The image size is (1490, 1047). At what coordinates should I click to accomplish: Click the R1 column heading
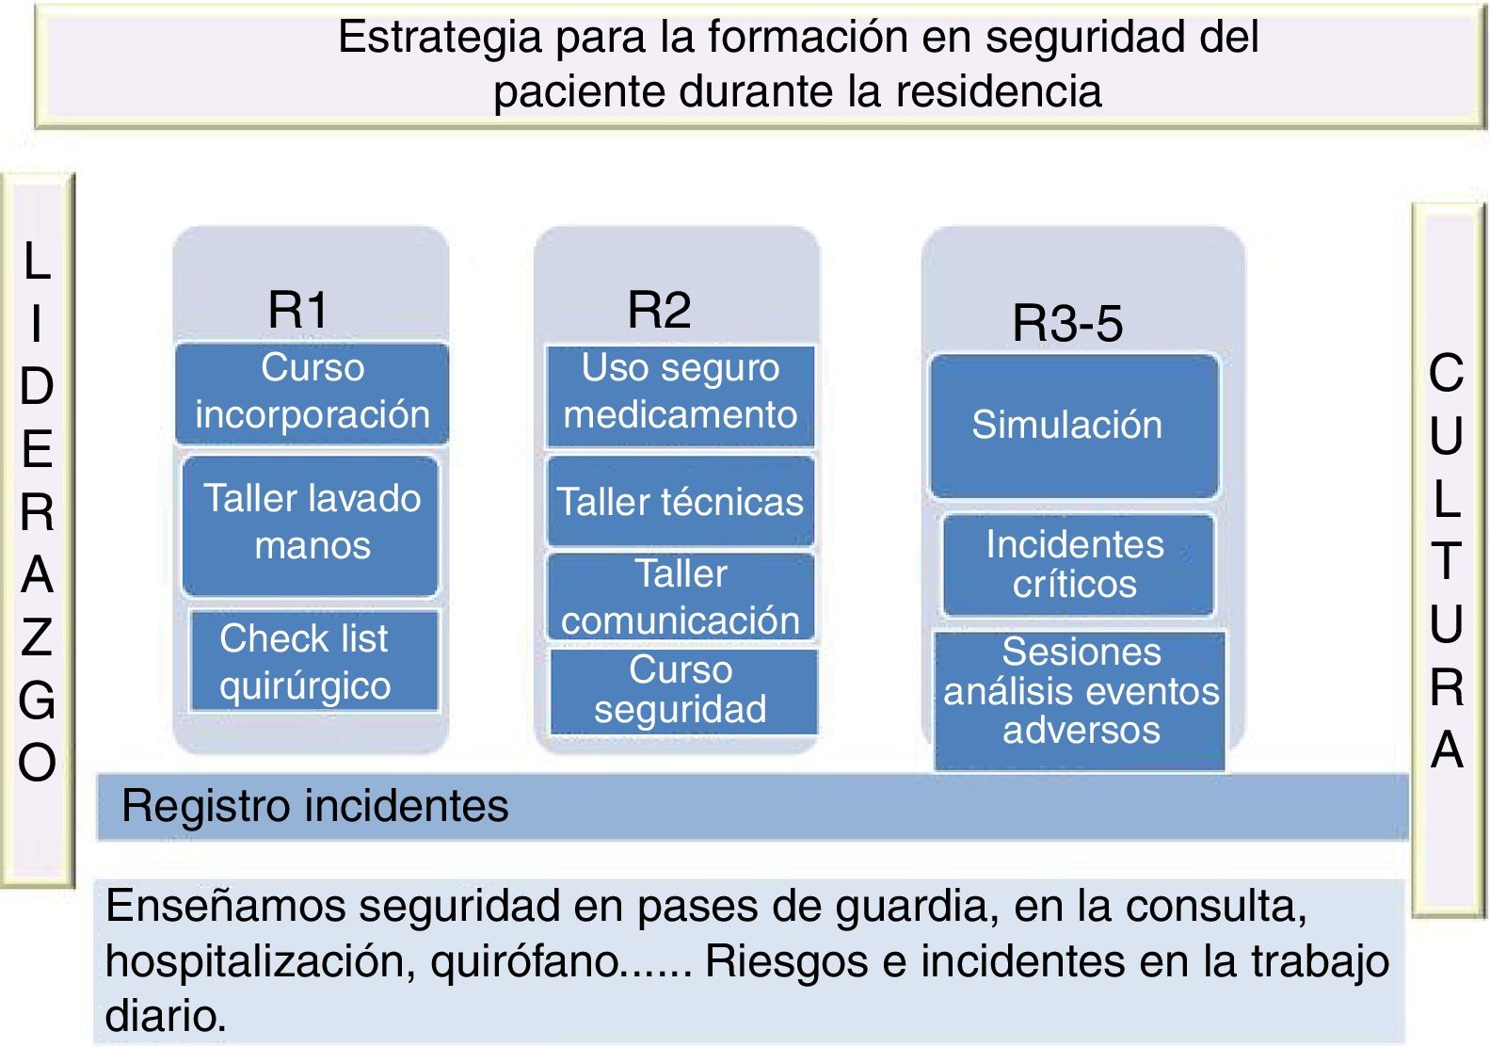tap(297, 309)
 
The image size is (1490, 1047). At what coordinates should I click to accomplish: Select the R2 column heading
tap(659, 310)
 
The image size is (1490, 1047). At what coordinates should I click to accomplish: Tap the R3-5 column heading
tap(1067, 323)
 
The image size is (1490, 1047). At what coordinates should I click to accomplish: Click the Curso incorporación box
tap(312, 393)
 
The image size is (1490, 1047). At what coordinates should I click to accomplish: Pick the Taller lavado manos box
tap(311, 523)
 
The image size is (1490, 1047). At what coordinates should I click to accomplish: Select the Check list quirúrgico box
tap(312, 661)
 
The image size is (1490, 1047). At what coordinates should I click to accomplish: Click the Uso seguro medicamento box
tap(680, 394)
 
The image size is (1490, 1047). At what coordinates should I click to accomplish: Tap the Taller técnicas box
tap(680, 502)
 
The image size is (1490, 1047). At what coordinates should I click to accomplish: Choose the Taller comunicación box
tap(680, 597)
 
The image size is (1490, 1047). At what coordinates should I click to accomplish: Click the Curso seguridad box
tap(681, 690)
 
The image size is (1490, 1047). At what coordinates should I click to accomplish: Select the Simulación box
tap(1073, 426)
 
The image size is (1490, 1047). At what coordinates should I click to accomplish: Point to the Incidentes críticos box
tap(1077, 564)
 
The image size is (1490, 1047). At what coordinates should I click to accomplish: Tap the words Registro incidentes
tap(315, 807)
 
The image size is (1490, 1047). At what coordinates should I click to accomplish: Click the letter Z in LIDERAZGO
tap(37, 638)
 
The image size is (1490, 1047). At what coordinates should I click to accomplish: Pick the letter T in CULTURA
tap(1447, 561)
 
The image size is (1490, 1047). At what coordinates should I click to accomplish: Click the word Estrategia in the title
tap(440, 38)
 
